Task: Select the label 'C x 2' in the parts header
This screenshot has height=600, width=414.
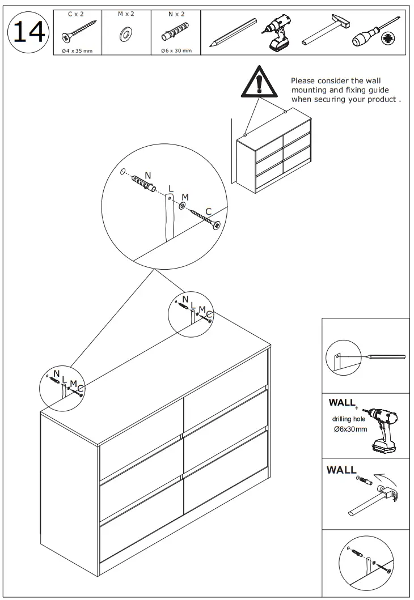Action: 75,14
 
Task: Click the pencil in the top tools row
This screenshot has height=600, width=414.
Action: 233,32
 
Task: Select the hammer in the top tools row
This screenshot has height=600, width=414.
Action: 322,32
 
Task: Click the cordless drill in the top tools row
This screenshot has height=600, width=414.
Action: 276,32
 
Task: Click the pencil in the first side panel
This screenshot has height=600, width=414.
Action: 386,357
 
